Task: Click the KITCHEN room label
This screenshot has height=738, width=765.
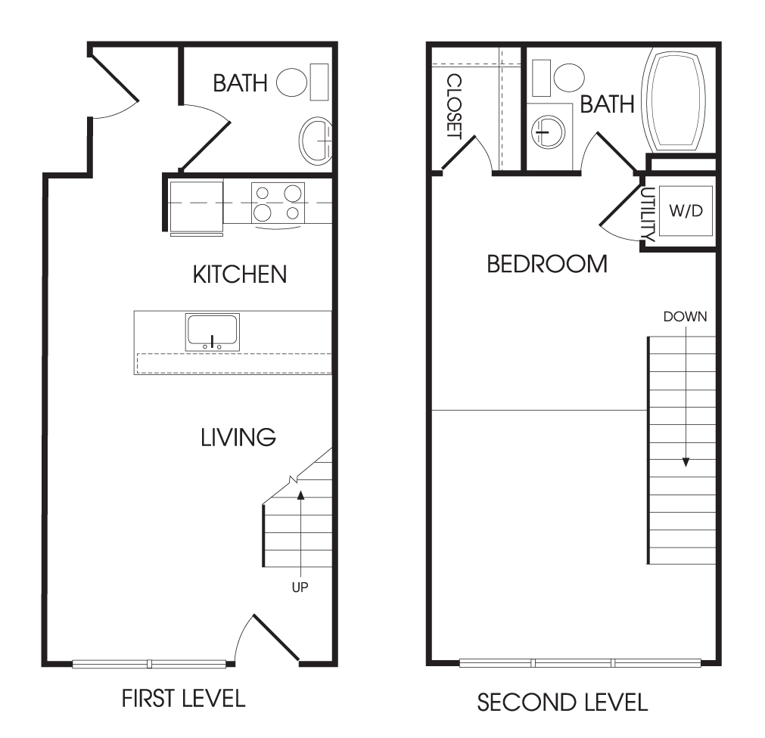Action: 240,274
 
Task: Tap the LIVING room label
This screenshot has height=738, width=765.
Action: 238,437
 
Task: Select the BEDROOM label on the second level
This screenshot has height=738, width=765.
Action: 547,264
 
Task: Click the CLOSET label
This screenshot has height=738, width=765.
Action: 454,106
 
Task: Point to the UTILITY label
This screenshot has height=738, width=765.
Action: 648,214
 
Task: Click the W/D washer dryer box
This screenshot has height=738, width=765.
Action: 686,210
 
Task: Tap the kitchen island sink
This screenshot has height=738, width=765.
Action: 212,332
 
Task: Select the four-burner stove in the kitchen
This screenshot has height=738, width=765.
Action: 278,203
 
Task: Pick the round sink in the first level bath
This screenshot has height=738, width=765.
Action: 316,141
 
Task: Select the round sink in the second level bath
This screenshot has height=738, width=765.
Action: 549,132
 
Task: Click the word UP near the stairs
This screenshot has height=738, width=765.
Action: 300,588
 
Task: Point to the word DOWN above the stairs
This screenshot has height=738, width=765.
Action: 685,317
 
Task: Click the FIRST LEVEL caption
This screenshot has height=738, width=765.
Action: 183,699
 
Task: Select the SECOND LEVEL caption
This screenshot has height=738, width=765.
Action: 562,702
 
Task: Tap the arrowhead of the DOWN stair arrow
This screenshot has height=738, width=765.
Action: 686,462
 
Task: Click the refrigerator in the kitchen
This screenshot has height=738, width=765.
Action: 196,206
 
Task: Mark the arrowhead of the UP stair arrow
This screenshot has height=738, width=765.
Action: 300,495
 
